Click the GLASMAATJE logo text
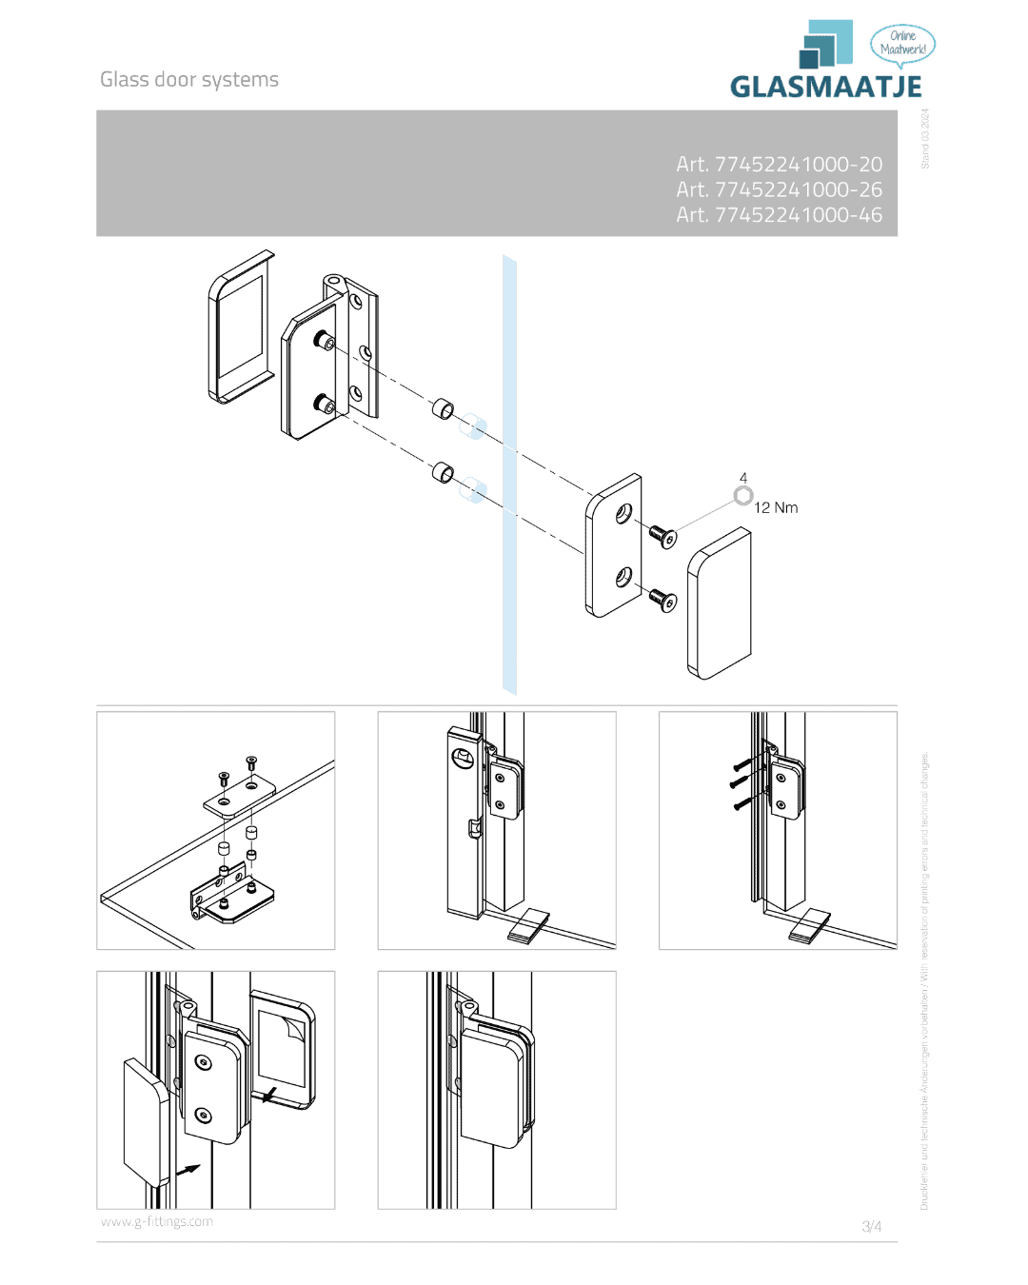(825, 87)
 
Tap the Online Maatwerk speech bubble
(902, 44)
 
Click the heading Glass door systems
(189, 80)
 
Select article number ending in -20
(779, 165)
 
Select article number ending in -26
(779, 189)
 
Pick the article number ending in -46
(779, 215)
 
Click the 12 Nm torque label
(776, 508)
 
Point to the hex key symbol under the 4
(743, 496)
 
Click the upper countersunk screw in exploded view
(662, 536)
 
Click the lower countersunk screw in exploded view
(662, 600)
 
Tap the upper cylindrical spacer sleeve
(444, 409)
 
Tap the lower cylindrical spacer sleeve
(444, 472)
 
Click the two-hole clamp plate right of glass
(614, 545)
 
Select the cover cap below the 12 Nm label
(719, 604)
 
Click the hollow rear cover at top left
(241, 326)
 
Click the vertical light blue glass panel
(509, 476)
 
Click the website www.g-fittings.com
(157, 1222)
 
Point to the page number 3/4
(871, 1226)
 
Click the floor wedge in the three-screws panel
(809, 925)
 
